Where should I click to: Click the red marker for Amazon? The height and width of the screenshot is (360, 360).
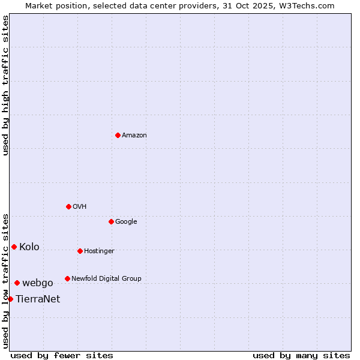(118, 135)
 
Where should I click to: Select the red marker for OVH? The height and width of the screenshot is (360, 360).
(68, 206)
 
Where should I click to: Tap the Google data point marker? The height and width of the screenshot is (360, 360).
(111, 221)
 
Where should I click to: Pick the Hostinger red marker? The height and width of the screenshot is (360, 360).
(80, 251)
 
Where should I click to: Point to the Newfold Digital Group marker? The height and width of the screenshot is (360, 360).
(67, 278)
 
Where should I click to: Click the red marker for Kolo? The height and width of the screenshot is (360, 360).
(14, 247)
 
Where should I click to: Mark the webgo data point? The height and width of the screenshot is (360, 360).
(17, 283)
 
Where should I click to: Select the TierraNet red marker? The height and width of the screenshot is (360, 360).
(10, 299)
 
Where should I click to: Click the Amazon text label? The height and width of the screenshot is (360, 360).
(134, 135)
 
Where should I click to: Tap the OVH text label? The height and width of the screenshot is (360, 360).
(80, 206)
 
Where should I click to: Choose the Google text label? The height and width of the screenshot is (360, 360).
(126, 221)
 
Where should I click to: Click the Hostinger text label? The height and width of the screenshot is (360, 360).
(99, 251)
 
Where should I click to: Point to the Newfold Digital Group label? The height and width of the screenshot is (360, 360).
(106, 278)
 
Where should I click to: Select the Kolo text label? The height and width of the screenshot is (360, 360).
(29, 247)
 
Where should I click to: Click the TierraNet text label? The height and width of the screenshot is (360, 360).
(38, 299)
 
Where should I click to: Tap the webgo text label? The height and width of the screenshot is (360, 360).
(38, 283)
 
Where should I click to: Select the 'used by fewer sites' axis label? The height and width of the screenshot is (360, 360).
(62, 355)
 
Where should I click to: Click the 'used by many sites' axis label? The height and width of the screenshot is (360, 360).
(301, 355)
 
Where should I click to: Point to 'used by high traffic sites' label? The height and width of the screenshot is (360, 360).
(5, 85)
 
